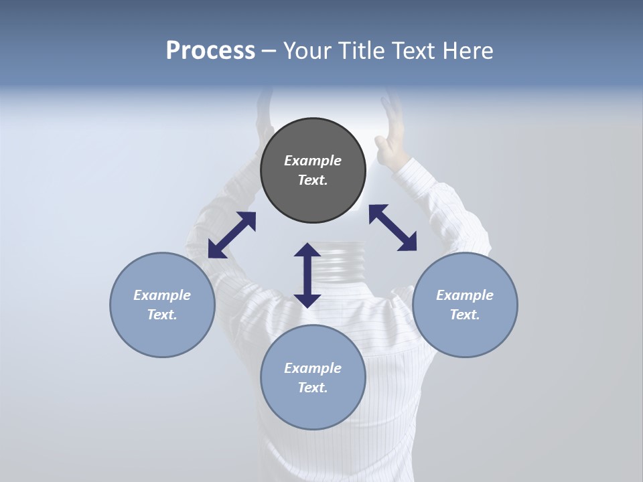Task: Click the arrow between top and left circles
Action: pyautogui.click(x=232, y=235)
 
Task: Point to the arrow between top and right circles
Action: pyautogui.click(x=392, y=228)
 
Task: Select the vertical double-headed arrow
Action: pyautogui.click(x=307, y=275)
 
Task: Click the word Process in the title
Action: pyautogui.click(x=210, y=51)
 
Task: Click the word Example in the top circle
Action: pyautogui.click(x=313, y=161)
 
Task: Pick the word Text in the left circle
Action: pyautogui.click(x=162, y=315)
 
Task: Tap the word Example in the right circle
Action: pyautogui.click(x=465, y=295)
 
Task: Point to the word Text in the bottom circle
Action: pyautogui.click(x=313, y=388)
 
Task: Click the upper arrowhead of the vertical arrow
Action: pyautogui.click(x=307, y=250)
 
